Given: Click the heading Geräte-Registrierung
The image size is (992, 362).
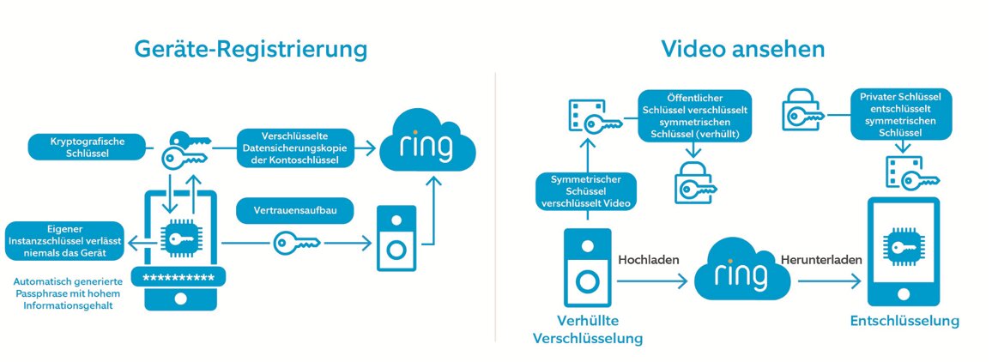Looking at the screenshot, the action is pos(251,49).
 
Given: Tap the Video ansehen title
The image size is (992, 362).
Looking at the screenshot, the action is pos(743,49).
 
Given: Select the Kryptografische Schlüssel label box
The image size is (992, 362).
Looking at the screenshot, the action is pos(87,148).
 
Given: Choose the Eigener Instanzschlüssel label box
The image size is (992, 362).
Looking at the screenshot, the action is pos(64,241).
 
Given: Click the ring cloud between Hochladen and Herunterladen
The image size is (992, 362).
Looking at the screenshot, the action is pos(741,270).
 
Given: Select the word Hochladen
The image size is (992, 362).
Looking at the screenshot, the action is pos(649,259).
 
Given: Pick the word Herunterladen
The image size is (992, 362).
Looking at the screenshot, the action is pos(822,259).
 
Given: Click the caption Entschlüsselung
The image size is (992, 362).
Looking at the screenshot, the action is pos(904,321).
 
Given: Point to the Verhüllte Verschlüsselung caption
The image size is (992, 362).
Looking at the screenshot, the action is pos(588,329).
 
